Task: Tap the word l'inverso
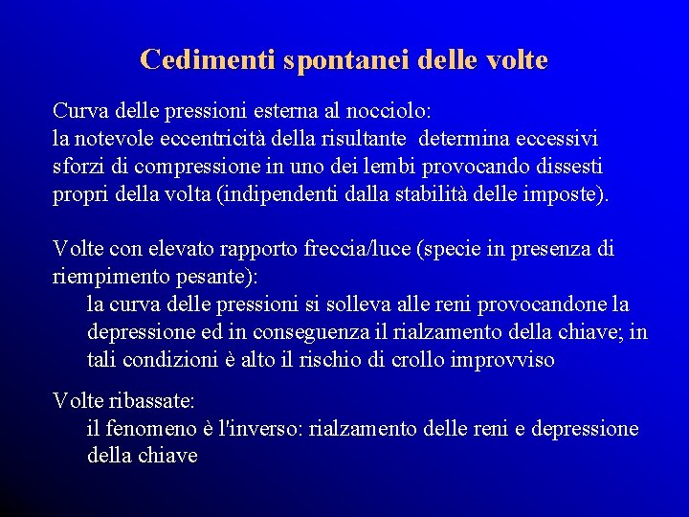(258, 429)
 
